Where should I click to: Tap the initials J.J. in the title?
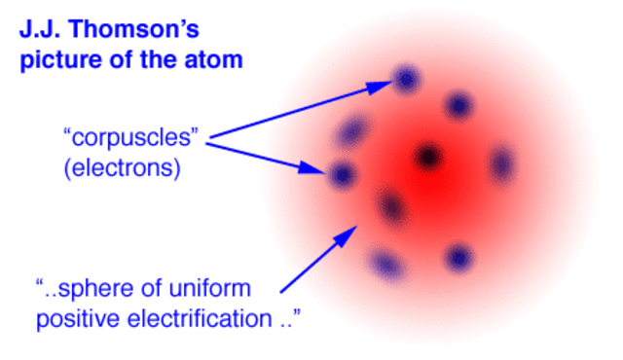38,30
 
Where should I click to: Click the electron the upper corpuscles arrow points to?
407,78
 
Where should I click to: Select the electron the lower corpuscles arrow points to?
341,175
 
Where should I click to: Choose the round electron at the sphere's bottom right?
458,257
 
